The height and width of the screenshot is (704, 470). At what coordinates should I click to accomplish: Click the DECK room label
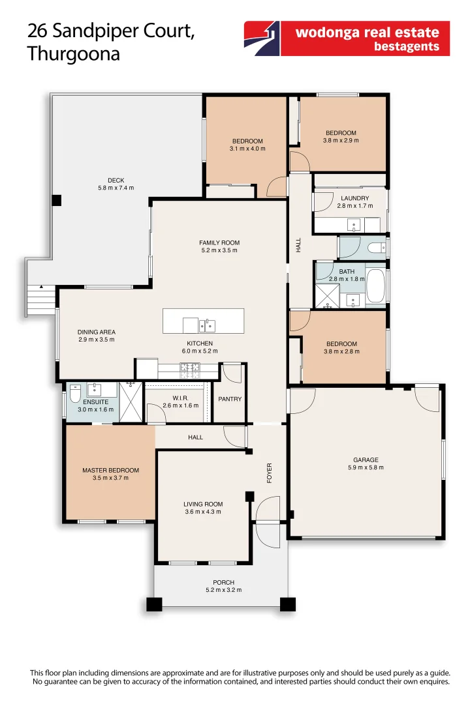pyautogui.click(x=116, y=181)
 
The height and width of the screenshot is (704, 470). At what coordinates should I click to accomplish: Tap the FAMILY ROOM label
pyautogui.click(x=218, y=242)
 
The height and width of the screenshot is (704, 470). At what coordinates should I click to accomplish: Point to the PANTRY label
pyautogui.click(x=229, y=399)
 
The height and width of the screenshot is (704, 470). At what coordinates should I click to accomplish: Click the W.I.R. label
pyautogui.click(x=180, y=398)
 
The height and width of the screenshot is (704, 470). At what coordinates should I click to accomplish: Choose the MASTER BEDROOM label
pyautogui.click(x=110, y=470)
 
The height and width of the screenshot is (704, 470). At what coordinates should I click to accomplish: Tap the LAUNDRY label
pyautogui.click(x=354, y=198)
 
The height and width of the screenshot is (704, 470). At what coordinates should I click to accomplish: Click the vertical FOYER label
pyautogui.click(x=269, y=473)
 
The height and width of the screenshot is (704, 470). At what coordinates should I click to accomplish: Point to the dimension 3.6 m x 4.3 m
pyautogui.click(x=203, y=512)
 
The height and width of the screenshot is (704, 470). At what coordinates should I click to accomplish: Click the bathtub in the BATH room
pyautogui.click(x=375, y=286)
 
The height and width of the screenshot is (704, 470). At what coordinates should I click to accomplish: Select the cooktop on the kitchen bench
pyautogui.click(x=189, y=370)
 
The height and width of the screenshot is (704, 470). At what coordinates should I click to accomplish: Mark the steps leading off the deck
pyautogui.click(x=40, y=301)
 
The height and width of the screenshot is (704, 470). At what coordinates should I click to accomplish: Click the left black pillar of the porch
pyautogui.click(x=153, y=604)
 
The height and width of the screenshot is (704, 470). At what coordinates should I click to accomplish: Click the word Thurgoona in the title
pyautogui.click(x=73, y=53)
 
